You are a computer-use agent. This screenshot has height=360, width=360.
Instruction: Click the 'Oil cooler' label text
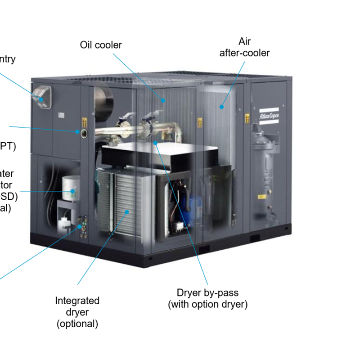coord(101,45)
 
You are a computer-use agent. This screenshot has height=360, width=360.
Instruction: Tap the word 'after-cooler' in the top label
coord(244,53)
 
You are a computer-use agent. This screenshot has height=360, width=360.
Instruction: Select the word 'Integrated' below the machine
coord(77,301)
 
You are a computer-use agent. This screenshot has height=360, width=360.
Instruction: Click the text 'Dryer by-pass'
coord(207,293)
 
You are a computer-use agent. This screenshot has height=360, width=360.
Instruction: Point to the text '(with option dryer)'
coord(207,305)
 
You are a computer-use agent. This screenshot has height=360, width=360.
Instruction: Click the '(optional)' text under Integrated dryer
coord(77,324)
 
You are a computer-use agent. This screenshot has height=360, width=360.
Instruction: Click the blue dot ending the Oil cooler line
coord(163,100)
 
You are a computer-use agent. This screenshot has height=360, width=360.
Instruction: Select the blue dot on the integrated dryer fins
coord(127,211)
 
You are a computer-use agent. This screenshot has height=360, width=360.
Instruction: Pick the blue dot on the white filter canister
coord(72,191)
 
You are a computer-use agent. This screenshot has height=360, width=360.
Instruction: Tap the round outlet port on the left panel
coord(84,132)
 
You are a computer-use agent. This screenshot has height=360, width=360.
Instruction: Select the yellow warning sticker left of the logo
coord(247,118)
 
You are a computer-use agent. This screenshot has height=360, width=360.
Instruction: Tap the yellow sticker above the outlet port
coord(84,121)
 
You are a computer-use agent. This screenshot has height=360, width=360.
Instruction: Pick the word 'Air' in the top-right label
coord(244,42)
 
